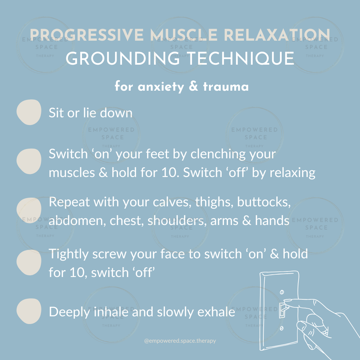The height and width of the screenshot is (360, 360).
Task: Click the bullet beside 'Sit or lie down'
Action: point(29,112)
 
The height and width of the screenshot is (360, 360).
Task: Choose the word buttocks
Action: point(264,202)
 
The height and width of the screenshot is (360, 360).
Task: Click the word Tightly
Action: point(70,255)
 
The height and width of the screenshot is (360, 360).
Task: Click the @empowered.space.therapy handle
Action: point(180,341)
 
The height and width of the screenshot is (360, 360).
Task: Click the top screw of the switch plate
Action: point(282,292)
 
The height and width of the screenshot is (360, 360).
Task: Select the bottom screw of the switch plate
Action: point(282,329)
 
